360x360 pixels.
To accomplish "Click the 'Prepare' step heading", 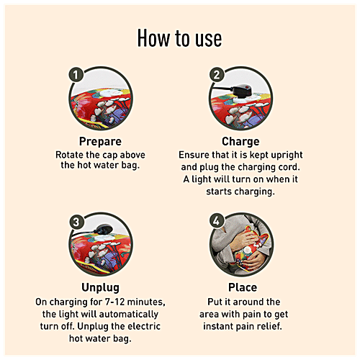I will click(x=100, y=141).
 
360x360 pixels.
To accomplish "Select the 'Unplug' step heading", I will click(x=100, y=287).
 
